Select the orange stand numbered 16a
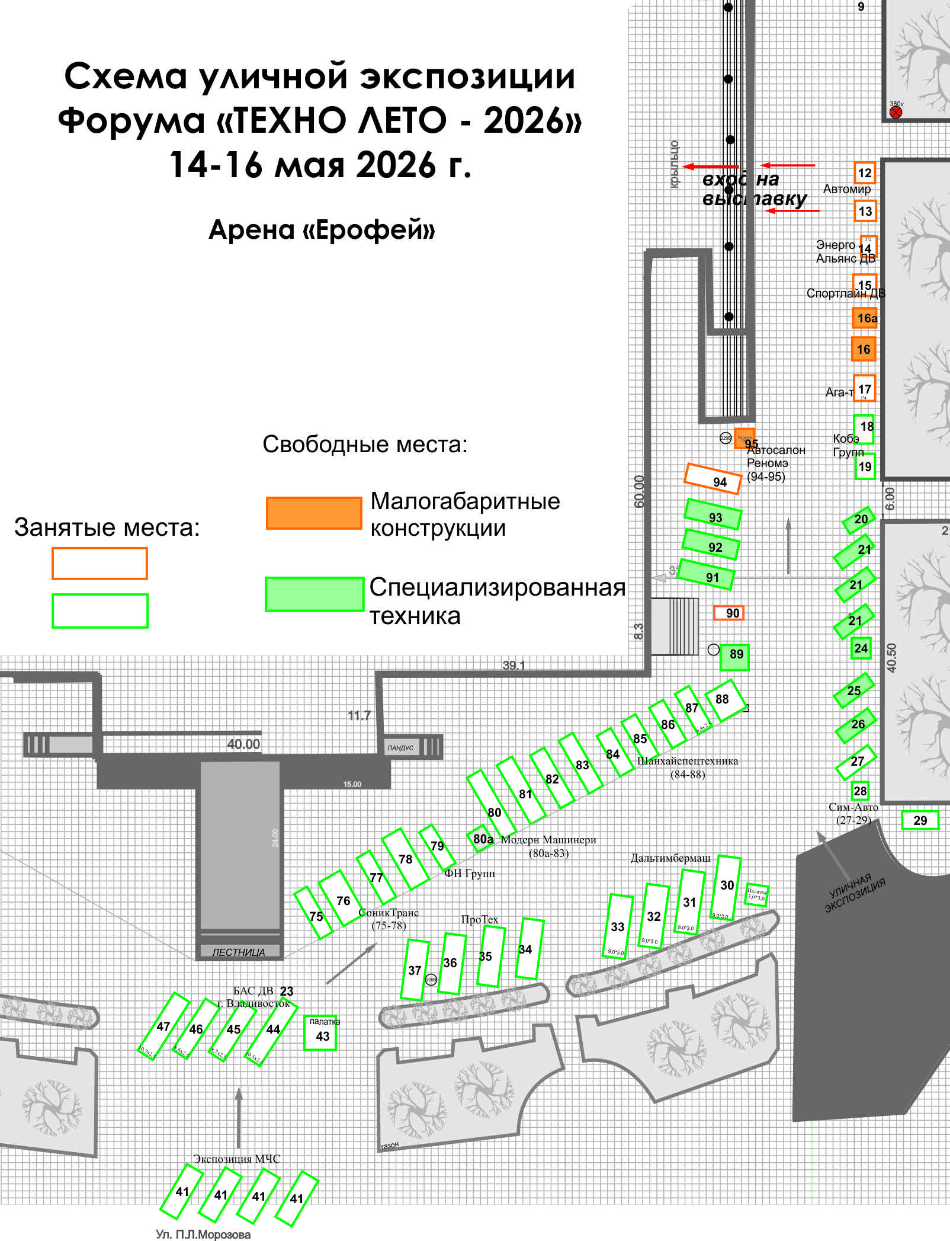tap(865, 318)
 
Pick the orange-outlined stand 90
tap(729, 613)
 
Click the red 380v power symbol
tap(896, 111)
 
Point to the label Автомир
tap(846, 189)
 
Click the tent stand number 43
tap(320, 1033)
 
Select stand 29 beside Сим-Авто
tap(920, 820)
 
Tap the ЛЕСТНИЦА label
tap(239, 952)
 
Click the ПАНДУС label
tap(400, 747)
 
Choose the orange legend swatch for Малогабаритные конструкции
tap(314, 513)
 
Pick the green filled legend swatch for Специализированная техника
tap(314, 594)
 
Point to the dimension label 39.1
tap(513, 665)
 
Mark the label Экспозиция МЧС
tap(236, 1159)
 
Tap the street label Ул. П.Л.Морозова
tap(203, 1234)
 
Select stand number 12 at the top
tap(865, 173)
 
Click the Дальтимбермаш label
tap(670, 858)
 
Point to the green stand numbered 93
tap(713, 514)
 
